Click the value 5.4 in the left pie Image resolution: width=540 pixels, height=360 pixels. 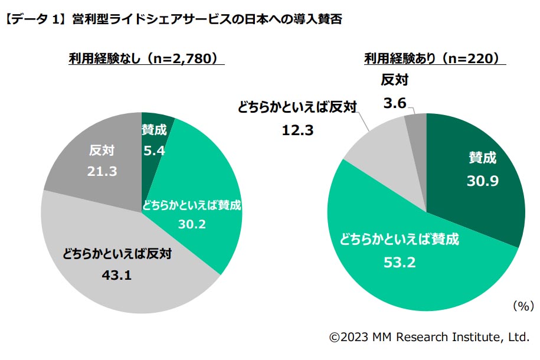(x=154, y=150)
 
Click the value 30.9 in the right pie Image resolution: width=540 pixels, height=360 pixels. (x=483, y=181)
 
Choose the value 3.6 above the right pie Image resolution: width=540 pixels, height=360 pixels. (x=395, y=103)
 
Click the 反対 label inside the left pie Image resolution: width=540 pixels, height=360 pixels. (x=101, y=150)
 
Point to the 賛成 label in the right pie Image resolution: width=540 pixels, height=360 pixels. (x=482, y=158)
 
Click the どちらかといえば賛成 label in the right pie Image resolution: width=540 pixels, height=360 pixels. (x=399, y=240)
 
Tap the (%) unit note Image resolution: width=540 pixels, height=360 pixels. (x=522, y=306)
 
